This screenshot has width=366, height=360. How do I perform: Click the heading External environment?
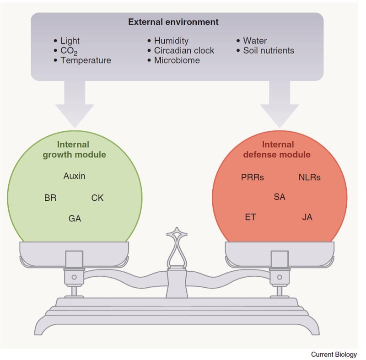pyautogui.click(x=173, y=22)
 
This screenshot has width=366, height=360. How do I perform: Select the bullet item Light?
pyautogui.click(x=70, y=41)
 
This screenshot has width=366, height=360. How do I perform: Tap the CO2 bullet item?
pyautogui.click(x=69, y=51)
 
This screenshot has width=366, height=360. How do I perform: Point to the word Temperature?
pyautogui.click(x=86, y=60)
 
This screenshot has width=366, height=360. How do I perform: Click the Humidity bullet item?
pyautogui.click(x=171, y=41)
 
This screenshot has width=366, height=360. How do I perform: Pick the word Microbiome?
pyautogui.click(x=177, y=60)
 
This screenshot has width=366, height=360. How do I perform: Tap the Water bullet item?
pyautogui.click(x=255, y=41)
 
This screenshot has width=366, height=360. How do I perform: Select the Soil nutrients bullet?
pyautogui.click(x=269, y=50)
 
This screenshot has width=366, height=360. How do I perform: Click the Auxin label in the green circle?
pyautogui.click(x=75, y=176)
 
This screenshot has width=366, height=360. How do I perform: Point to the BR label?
pyautogui.click(x=50, y=198)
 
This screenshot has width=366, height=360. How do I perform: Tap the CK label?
pyautogui.click(x=97, y=198)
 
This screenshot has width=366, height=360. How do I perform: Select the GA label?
pyautogui.click(x=75, y=219)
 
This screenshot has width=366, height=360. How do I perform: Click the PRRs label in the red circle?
pyautogui.click(x=252, y=177)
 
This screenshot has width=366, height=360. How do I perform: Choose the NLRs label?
pyautogui.click(x=309, y=177)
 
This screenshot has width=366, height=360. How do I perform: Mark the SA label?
pyautogui.click(x=279, y=197)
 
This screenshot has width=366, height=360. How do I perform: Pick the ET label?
pyautogui.click(x=250, y=217)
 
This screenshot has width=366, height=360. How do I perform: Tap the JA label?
pyautogui.click(x=307, y=217)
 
